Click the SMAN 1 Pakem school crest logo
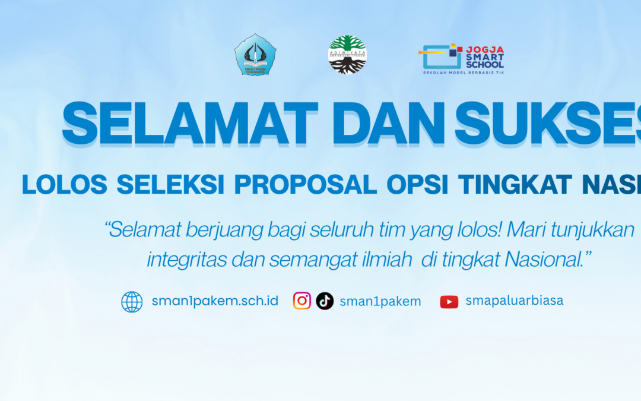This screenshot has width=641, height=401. click(255, 54)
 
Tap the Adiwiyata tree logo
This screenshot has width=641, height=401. click(348, 55)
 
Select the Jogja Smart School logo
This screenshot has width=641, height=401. click(463, 58)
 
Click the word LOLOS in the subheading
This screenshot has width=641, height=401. click(65, 185)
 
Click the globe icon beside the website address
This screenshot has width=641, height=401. click(132, 302)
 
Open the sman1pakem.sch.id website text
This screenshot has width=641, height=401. click(215, 301)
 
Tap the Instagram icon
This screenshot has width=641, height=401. click(302, 301)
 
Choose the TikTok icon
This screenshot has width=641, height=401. click(325, 301)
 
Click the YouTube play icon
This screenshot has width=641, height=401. click(449, 302)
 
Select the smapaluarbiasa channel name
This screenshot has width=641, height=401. click(514, 301)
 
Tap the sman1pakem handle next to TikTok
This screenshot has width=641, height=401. click(380, 301)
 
